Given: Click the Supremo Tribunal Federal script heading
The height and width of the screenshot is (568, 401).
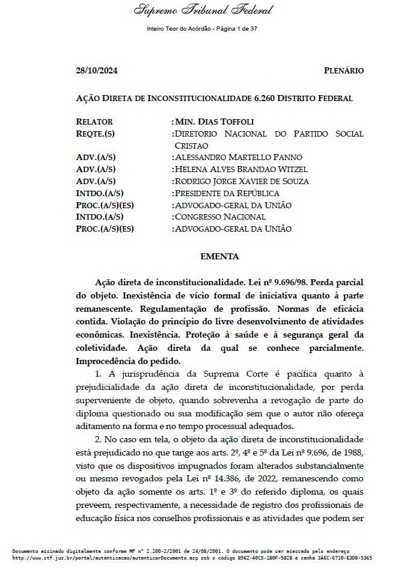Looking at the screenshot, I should [195, 10].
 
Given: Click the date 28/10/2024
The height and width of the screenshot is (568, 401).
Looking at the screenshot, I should [97, 70].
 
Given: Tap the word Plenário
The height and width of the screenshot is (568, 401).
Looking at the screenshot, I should [343, 70].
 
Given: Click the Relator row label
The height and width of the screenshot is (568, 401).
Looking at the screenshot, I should [94, 122].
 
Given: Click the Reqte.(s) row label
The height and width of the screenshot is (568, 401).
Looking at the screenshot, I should [96, 134].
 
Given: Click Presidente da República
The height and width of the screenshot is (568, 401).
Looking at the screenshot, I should [227, 193].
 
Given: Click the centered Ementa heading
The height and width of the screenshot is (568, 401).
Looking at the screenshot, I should [219, 257].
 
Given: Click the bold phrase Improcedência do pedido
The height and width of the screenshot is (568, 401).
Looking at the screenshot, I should [128, 361].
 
